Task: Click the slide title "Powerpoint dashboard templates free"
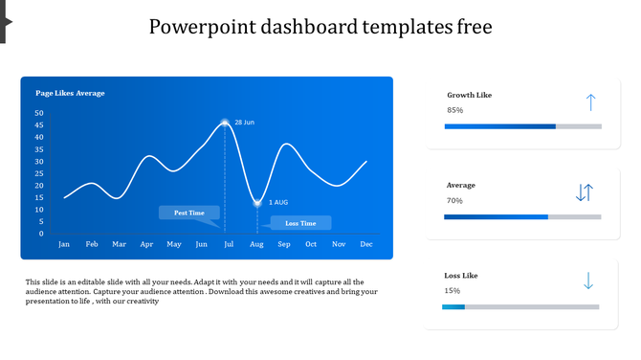tap(320, 27)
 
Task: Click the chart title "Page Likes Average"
tap(70, 93)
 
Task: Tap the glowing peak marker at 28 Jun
tap(225, 123)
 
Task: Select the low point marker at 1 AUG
tap(257, 202)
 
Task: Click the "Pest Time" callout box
tap(188, 213)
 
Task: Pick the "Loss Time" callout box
tap(300, 223)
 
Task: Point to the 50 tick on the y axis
tap(39, 113)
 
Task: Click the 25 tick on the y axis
tap(39, 173)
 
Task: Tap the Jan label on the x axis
tap(64, 244)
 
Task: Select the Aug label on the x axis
tap(256, 244)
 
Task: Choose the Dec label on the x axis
tap(365, 244)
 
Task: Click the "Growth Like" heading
tap(470, 95)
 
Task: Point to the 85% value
tap(455, 110)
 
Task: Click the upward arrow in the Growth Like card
tap(590, 102)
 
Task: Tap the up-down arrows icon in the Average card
tap(585, 192)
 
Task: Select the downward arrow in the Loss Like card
tap(588, 281)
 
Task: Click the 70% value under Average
tap(454, 200)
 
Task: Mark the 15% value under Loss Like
tap(453, 290)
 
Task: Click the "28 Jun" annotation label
tap(245, 123)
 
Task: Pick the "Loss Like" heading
tap(461, 275)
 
